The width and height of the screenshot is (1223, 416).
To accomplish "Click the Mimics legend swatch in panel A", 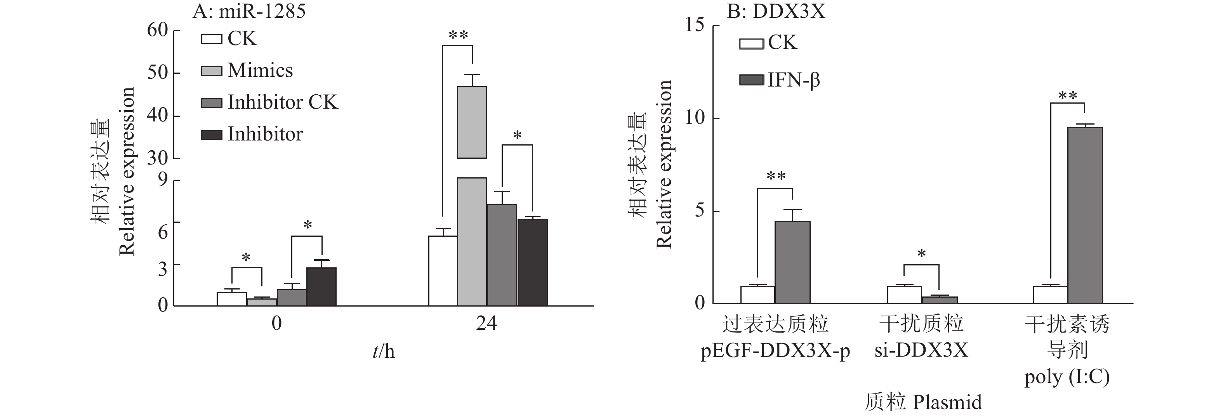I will [211, 71].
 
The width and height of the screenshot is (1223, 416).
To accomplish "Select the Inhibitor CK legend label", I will [283, 102].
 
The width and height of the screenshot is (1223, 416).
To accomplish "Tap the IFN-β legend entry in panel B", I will [793, 80].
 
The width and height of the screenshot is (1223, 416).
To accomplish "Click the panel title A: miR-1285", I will [249, 11].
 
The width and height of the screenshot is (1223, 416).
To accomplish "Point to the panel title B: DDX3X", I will [776, 11].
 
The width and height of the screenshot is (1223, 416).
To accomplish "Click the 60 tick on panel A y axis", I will [158, 30].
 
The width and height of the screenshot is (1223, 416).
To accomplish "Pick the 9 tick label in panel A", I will [163, 180].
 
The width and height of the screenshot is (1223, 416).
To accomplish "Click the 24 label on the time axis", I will [486, 324].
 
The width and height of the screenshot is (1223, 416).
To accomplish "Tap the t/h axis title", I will [384, 352].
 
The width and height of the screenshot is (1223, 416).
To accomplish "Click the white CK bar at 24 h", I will [443, 271].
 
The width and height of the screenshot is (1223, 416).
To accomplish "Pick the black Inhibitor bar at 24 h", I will [533, 262].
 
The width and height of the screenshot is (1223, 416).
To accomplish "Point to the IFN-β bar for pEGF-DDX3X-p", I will [792, 262].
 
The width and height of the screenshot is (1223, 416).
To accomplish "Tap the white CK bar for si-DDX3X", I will [904, 295].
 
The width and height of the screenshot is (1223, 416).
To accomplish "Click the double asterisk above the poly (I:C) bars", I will [1068, 96].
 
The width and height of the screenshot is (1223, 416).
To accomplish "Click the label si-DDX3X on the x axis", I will [921, 350].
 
